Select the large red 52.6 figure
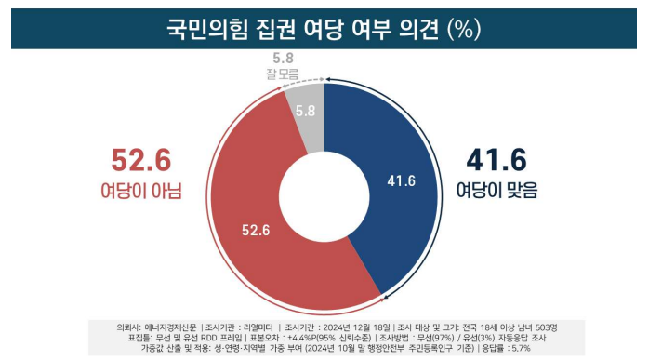pyautogui.click(x=141, y=161)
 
